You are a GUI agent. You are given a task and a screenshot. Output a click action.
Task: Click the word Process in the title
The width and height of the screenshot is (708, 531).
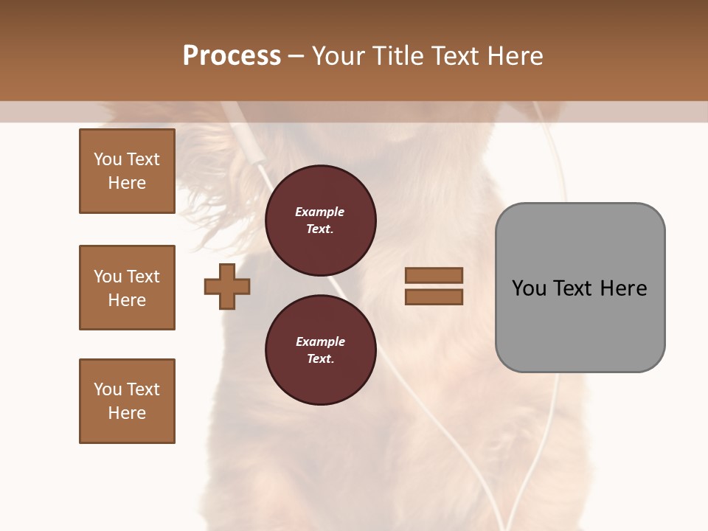(x=232, y=56)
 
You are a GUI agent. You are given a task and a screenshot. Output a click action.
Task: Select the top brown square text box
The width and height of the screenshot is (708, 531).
(x=127, y=171)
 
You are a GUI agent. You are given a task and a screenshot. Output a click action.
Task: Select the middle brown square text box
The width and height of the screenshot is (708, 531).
(x=127, y=288)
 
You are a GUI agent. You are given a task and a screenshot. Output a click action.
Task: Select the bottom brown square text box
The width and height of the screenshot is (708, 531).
(x=127, y=401)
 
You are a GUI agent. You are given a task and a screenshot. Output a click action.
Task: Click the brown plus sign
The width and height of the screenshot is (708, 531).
(x=227, y=286)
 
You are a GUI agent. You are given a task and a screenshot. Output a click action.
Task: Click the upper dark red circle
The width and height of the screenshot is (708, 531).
(x=320, y=221)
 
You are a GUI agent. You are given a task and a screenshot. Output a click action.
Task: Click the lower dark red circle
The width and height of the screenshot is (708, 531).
(x=320, y=350)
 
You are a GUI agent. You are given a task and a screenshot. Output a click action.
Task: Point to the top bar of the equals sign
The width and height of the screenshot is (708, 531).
(x=434, y=276)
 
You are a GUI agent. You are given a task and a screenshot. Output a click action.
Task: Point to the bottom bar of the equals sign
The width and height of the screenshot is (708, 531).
(x=434, y=296)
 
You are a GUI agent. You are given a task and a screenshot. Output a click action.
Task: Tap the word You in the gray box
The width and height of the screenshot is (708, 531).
(x=529, y=288)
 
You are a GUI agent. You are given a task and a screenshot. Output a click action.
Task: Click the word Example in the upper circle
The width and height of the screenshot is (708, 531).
(x=320, y=212)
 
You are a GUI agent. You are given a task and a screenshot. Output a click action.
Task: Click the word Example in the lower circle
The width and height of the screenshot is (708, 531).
(x=320, y=341)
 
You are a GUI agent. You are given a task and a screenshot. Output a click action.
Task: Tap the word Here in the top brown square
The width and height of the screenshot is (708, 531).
(x=127, y=183)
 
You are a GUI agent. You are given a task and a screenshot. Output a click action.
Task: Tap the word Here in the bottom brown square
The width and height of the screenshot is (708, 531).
(x=127, y=413)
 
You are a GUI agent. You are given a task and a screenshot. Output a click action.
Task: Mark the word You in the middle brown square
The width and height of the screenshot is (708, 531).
(x=107, y=277)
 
